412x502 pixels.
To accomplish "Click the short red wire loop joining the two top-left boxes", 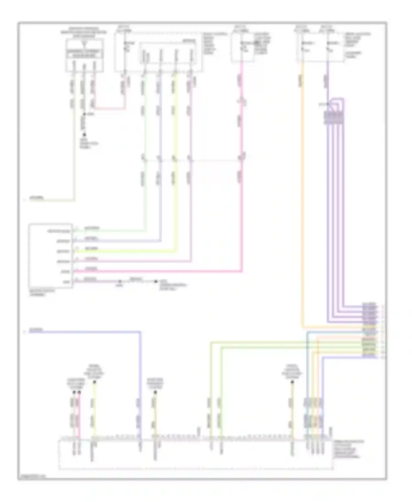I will coord(110,109).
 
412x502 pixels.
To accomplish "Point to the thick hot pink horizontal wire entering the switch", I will coord(157,271).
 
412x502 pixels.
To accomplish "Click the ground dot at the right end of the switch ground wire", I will coord(156,281).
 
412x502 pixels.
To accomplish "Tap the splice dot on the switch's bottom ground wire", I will coord(120,281).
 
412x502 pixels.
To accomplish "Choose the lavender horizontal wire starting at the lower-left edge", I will coord(82,332).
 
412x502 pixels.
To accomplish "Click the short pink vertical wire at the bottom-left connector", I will coord(79,415).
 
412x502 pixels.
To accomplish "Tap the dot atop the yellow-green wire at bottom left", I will coord(94,382).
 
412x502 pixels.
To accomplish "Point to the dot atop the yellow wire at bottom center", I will coord(155,392).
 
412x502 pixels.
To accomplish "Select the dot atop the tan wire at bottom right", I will coord(292,382).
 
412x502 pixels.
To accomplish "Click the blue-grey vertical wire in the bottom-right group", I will coord(307,384).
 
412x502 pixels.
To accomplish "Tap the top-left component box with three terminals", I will coord(85,55).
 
